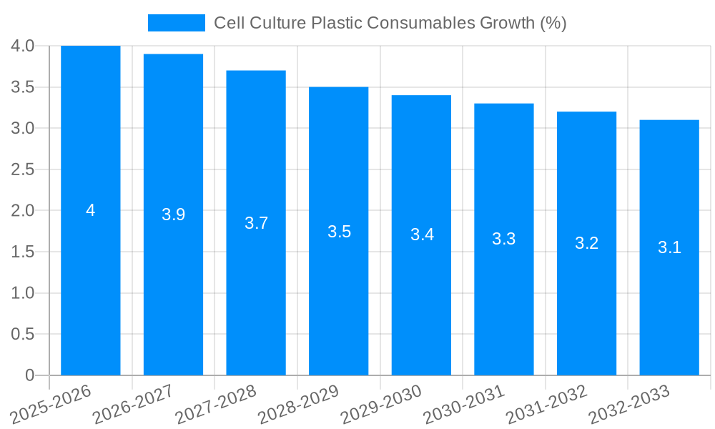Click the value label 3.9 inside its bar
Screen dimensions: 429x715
tap(173, 214)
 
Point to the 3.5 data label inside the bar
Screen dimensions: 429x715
tap(339, 232)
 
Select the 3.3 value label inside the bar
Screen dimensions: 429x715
tap(504, 240)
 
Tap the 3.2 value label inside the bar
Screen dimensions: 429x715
tap(586, 243)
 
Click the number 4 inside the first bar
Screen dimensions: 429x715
tap(90, 210)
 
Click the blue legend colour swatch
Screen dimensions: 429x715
tap(176, 23)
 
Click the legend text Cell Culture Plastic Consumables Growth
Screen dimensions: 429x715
tap(390, 23)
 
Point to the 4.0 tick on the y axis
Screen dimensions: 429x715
tap(23, 46)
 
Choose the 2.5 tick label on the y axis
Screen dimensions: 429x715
tap(23, 169)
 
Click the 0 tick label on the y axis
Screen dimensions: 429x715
tap(29, 375)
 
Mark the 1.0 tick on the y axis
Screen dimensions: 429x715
tap(23, 293)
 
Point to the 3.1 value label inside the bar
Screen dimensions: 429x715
tap(669, 247)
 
